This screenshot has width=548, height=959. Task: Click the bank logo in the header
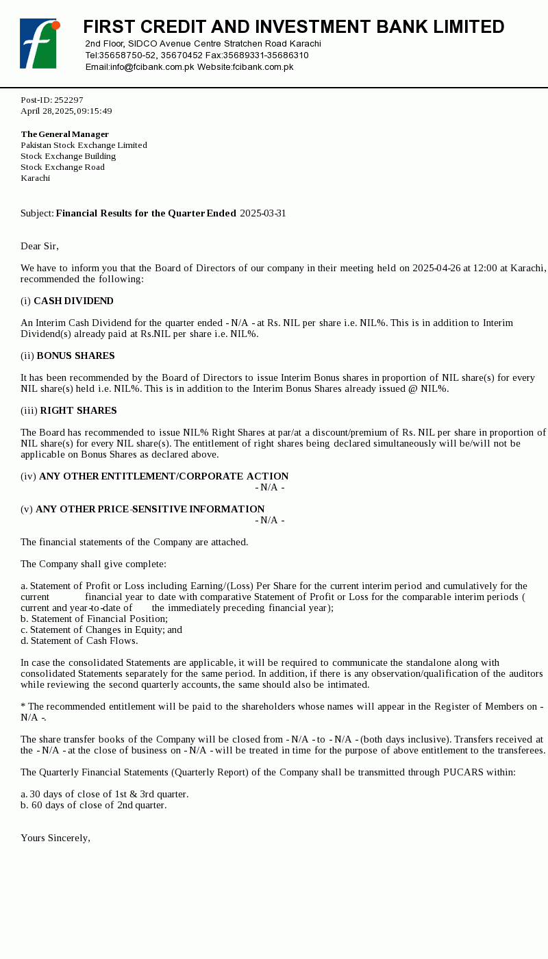[x=39, y=44]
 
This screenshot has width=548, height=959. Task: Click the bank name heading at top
[x=293, y=27]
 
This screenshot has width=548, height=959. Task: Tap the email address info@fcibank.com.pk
[x=152, y=67]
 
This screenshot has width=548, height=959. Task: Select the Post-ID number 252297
[x=68, y=100]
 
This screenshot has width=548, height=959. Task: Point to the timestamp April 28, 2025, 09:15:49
[x=66, y=111]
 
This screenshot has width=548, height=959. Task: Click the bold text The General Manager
[x=64, y=134]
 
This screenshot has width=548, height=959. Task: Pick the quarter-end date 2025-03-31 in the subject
[x=263, y=213]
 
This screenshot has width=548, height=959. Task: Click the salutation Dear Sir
[x=40, y=246]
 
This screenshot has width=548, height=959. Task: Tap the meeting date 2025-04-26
[x=436, y=268]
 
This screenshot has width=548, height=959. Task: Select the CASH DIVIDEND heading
[x=73, y=301]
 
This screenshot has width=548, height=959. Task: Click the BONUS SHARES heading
[x=75, y=356]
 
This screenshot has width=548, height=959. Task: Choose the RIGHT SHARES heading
[x=78, y=410]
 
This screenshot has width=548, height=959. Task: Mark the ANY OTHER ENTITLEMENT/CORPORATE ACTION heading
[x=164, y=476]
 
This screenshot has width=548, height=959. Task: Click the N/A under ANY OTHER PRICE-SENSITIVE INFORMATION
[x=270, y=520]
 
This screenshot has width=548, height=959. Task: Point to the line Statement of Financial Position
[x=95, y=619]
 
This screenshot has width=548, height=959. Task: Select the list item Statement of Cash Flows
[x=79, y=640]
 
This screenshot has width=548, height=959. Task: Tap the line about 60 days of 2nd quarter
[x=94, y=805]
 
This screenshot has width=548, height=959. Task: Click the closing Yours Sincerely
[x=55, y=838]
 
